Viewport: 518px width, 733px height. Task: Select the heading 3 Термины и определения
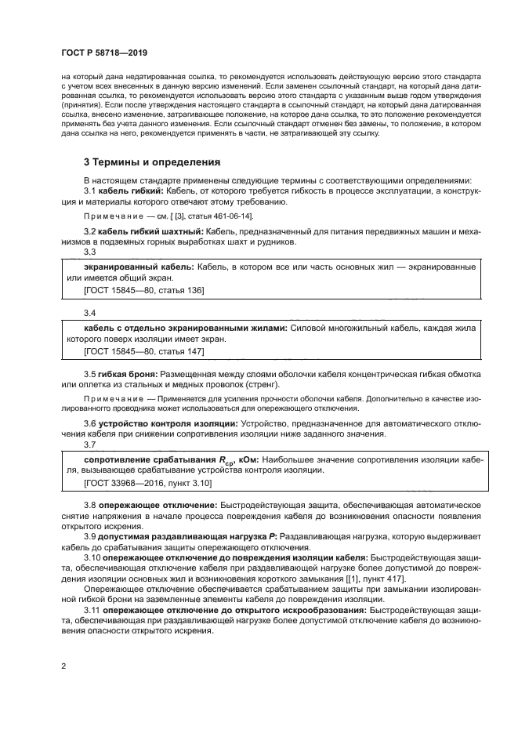coord(152,162)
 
